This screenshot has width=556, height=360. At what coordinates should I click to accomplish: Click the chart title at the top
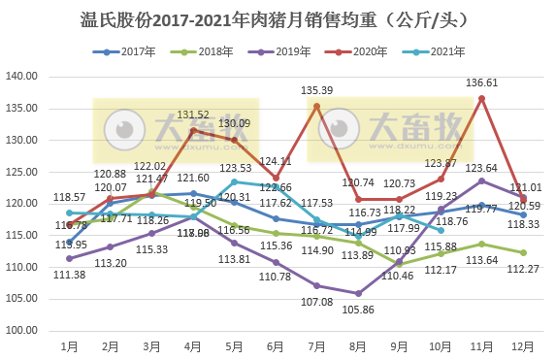click(278, 17)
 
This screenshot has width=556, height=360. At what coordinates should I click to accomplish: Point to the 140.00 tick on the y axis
click(22, 76)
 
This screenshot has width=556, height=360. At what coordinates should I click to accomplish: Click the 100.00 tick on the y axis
click(22, 330)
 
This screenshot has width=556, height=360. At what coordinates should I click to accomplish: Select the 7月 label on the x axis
click(317, 344)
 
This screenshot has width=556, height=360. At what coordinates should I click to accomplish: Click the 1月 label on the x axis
click(69, 344)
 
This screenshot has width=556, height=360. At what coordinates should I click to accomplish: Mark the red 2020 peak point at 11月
click(482, 98)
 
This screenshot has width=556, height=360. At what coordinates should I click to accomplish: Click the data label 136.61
click(482, 83)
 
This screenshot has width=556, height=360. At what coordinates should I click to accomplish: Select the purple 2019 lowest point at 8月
click(358, 293)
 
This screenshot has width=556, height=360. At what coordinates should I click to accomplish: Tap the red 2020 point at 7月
click(317, 106)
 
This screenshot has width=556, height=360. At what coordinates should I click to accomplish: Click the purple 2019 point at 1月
click(69, 258)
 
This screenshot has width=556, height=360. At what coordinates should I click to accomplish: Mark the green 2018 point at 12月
click(523, 252)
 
